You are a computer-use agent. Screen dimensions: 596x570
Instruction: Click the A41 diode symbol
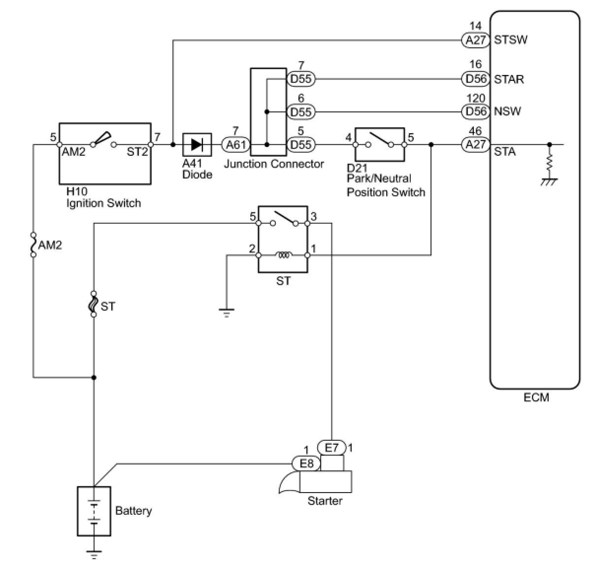(x=197, y=144)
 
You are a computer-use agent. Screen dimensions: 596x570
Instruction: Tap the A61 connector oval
(x=236, y=144)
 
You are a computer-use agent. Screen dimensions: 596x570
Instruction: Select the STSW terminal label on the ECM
(x=511, y=40)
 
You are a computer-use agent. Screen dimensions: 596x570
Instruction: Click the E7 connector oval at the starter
(x=331, y=448)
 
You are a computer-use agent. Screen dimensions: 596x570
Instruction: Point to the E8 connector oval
(x=306, y=463)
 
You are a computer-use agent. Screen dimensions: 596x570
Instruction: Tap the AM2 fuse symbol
(x=33, y=245)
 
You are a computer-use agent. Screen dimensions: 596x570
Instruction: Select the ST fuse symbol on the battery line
(x=94, y=304)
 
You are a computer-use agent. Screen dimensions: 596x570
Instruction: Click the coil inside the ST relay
(x=284, y=255)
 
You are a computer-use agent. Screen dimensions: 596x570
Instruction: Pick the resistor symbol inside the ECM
(x=549, y=163)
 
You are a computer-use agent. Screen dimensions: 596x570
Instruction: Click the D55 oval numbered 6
(x=301, y=111)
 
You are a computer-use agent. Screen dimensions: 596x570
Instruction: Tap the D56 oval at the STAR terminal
(x=476, y=79)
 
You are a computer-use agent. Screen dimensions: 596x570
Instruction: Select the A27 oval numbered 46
(x=476, y=144)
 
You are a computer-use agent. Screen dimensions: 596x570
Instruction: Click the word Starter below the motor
(x=325, y=500)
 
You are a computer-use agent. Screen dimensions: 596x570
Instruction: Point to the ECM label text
(x=536, y=397)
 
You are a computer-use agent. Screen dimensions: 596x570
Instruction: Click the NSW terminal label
(x=507, y=111)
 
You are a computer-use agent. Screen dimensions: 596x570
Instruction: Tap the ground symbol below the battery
(x=94, y=555)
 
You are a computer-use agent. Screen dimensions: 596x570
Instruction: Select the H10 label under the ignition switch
(x=77, y=192)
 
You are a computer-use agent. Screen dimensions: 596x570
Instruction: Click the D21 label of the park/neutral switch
(x=357, y=168)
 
